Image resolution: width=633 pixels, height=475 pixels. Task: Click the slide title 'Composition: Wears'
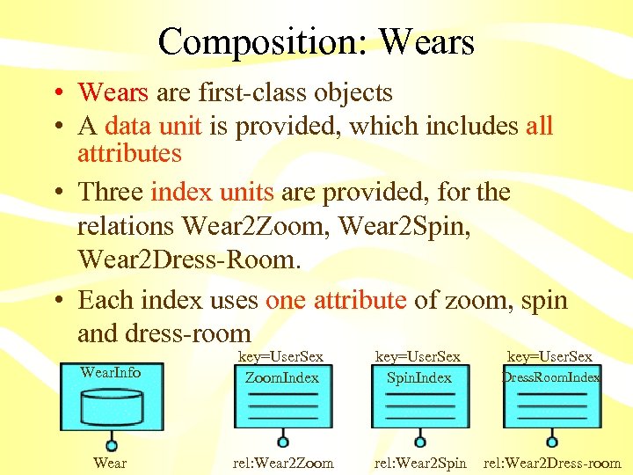click(316, 41)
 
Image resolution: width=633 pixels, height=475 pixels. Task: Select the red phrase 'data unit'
click(154, 126)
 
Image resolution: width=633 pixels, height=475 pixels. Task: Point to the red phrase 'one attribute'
click(336, 300)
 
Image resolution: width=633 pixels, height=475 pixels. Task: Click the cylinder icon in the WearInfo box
click(111, 405)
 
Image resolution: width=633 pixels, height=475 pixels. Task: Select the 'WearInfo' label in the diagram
click(110, 372)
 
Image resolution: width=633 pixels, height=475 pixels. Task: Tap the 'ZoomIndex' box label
click(281, 377)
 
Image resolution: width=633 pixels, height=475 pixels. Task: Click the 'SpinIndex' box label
click(419, 377)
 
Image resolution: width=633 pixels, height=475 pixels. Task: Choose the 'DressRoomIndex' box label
click(551, 377)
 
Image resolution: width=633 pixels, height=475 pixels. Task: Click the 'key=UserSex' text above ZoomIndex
click(281, 356)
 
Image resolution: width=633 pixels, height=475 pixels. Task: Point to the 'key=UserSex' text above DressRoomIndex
click(550, 356)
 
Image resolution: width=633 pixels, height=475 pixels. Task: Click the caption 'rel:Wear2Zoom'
click(282, 463)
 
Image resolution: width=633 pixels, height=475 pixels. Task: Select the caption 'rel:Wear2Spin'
click(420, 463)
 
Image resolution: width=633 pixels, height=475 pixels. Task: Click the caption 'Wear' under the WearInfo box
click(110, 463)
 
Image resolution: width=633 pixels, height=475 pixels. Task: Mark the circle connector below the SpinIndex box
click(420, 442)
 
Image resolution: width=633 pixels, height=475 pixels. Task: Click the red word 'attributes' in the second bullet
click(129, 154)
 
